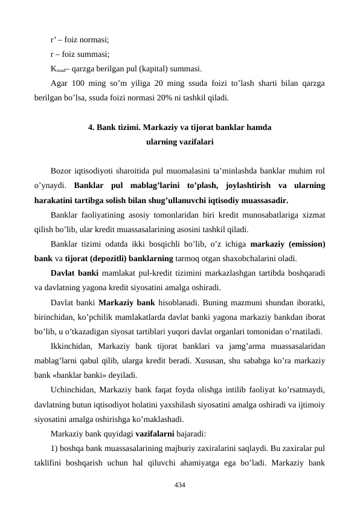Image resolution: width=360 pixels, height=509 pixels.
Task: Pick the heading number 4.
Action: coord(91,128)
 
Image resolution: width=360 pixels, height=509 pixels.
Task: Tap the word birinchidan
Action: coord(56,316)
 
